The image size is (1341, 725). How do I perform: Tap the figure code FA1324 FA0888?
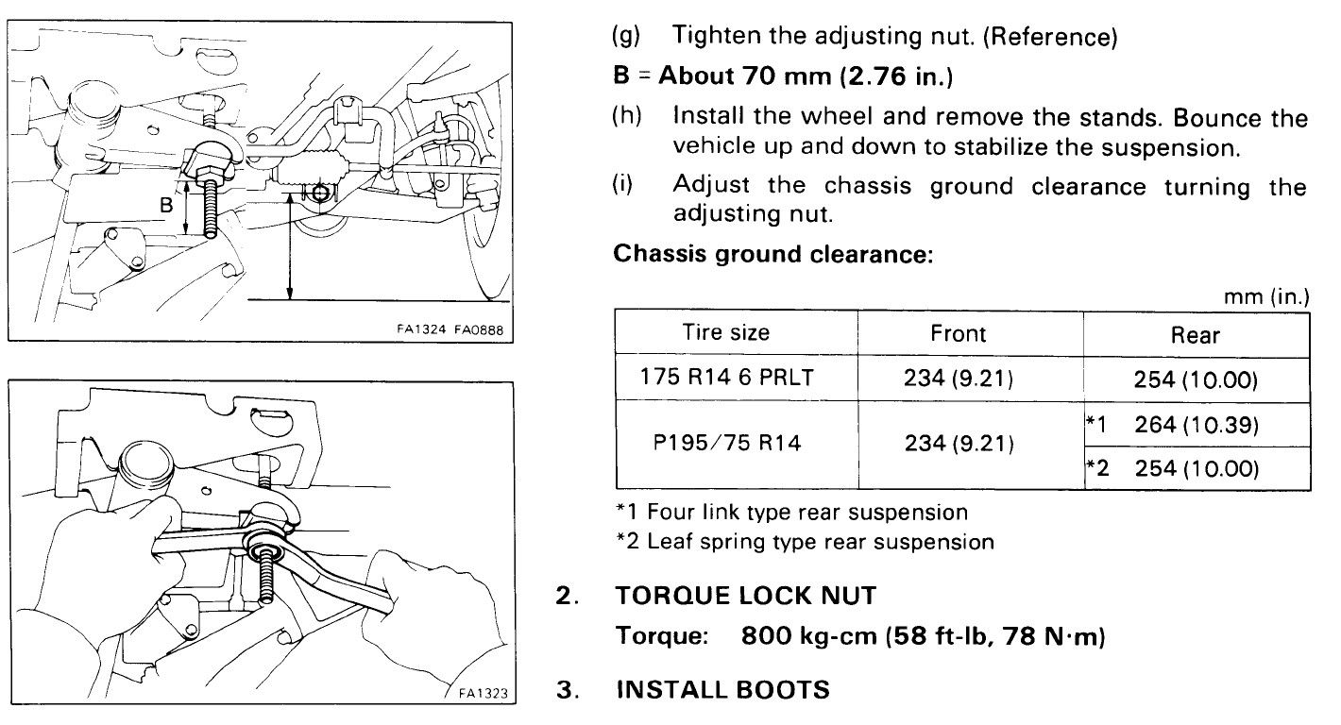pos(450,330)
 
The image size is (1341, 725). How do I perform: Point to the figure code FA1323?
pos(484,694)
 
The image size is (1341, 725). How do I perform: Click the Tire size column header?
pos(726,332)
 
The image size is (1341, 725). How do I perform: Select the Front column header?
pos(958,333)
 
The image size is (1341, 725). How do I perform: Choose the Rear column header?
pos(1196,334)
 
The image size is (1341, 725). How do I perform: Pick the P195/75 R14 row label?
pos(726,442)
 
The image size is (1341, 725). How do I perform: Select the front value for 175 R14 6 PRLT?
pos(958,379)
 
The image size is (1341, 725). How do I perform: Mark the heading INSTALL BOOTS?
pos(722,690)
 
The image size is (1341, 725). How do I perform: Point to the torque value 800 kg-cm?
pos(808,637)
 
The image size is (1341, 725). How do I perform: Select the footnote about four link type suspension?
pos(790,513)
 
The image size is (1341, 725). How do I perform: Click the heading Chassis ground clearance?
pos(773,256)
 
